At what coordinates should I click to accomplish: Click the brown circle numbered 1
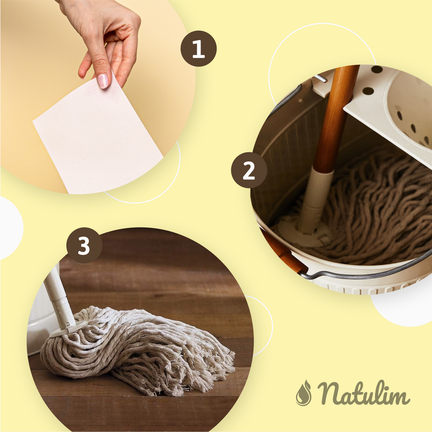199,49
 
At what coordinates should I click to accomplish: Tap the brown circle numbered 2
249,170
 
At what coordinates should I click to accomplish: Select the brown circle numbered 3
84,245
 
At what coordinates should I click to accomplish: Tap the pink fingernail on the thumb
103,81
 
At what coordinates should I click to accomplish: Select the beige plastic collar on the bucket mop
314,202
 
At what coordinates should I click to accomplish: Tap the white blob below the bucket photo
401,307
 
